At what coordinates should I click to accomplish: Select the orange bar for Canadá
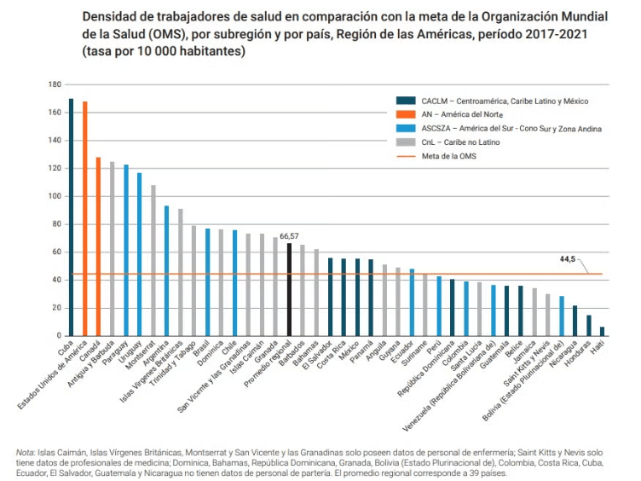tap(98, 246)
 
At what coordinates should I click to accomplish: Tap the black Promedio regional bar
tap(289, 290)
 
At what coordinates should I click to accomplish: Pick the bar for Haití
tap(602, 332)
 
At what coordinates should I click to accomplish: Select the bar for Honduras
tap(588, 326)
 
